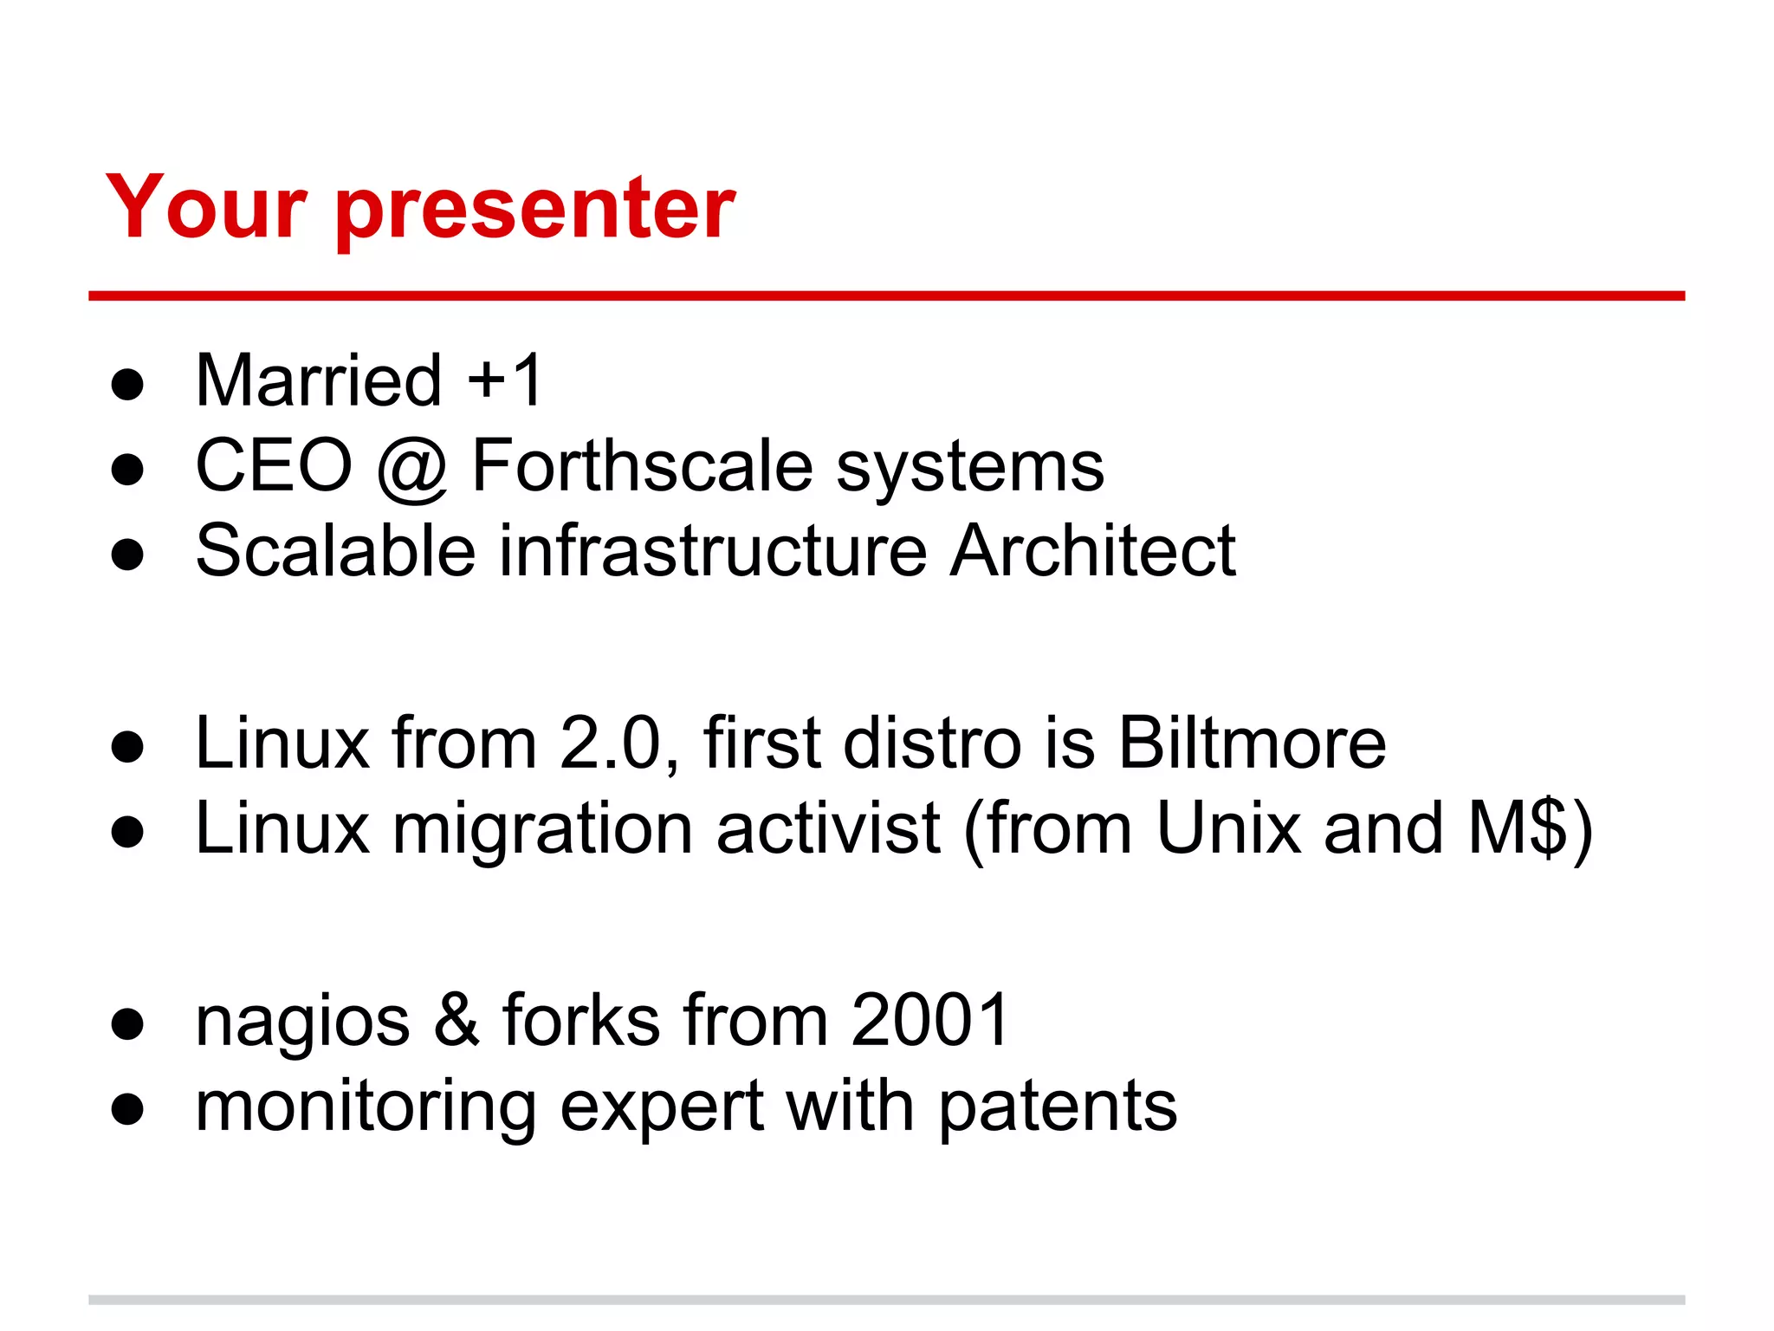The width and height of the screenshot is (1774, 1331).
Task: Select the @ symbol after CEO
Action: [x=412, y=468]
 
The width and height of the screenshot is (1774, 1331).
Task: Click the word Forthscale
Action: [x=642, y=465]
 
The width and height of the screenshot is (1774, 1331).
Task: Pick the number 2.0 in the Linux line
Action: [x=610, y=743]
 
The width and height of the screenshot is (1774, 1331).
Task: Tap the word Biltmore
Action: [x=1252, y=743]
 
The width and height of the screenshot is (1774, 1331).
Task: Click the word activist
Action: [x=828, y=828]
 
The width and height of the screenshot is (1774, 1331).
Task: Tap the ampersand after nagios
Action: [x=456, y=1020]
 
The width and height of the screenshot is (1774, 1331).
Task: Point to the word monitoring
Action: [x=366, y=1108]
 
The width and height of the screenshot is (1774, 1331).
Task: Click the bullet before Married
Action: [x=127, y=384]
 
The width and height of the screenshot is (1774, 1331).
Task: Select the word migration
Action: [x=542, y=830]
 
